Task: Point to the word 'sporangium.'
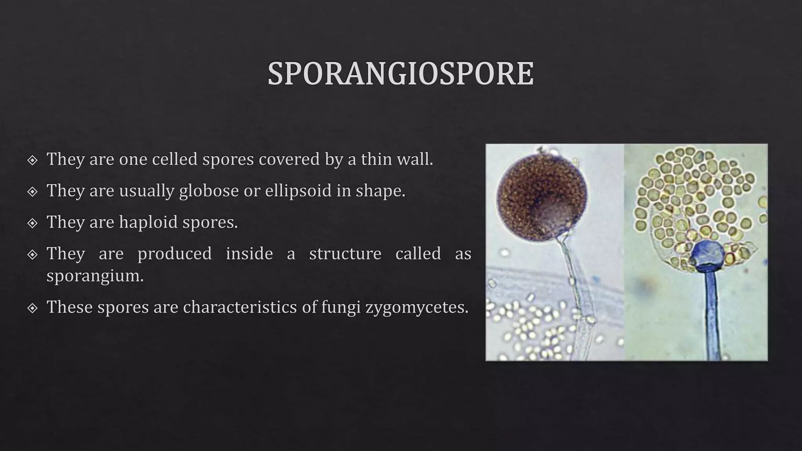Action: click(x=95, y=276)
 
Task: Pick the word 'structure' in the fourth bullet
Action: click(x=345, y=253)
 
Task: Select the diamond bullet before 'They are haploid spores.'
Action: click(x=33, y=223)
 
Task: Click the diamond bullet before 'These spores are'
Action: click(x=33, y=308)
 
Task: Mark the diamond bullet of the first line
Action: click(x=33, y=160)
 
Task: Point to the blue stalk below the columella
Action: click(x=711, y=313)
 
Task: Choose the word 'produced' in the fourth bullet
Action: click(x=174, y=253)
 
